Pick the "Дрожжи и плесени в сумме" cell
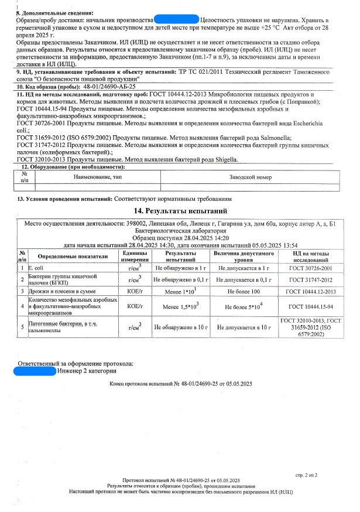(60, 291)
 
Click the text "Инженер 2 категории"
(87, 370)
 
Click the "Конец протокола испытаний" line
(180, 384)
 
